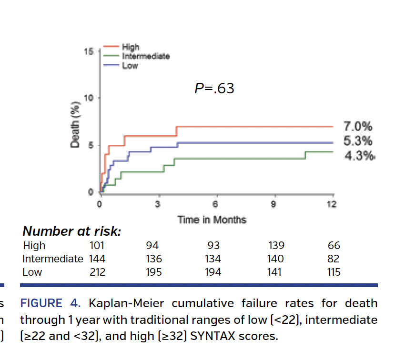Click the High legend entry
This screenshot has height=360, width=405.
click(131, 47)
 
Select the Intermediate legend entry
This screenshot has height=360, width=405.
click(146, 56)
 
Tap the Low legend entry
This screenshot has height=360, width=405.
click(130, 65)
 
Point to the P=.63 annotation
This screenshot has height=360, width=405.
click(214, 89)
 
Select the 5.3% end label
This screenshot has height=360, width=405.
click(358, 141)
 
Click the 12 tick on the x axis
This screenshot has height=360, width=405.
click(332, 205)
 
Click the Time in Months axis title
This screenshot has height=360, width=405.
click(212, 220)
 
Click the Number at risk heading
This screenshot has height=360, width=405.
click(71, 232)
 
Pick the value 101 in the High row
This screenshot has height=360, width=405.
click(97, 246)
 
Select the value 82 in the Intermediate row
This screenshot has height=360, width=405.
click(334, 259)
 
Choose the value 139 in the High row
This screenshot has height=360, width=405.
click(276, 246)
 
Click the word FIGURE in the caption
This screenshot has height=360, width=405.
click(41, 304)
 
